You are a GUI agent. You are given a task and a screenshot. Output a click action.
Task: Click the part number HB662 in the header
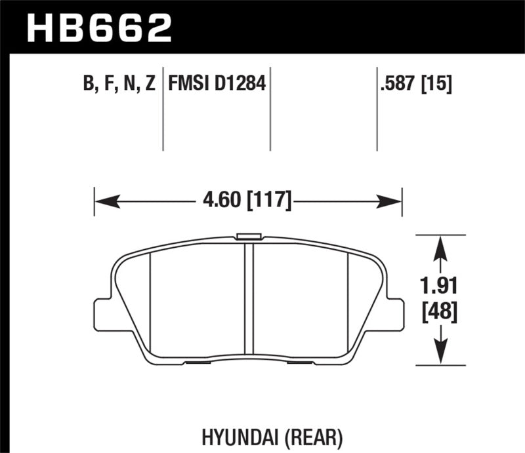click(x=98, y=28)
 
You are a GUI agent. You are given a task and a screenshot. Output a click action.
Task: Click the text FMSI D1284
click(x=217, y=84)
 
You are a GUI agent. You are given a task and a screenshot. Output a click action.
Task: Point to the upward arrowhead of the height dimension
click(x=442, y=245)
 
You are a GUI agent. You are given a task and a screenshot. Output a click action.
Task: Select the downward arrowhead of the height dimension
click(x=442, y=354)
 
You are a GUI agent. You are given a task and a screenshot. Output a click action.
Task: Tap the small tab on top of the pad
click(x=249, y=237)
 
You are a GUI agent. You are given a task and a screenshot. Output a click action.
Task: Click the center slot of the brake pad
click(x=249, y=298)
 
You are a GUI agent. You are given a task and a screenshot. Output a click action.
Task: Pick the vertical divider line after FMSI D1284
click(x=270, y=108)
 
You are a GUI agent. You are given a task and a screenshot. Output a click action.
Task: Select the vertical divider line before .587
click(x=377, y=108)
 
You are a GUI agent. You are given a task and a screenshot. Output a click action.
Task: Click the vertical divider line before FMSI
click(x=163, y=108)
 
